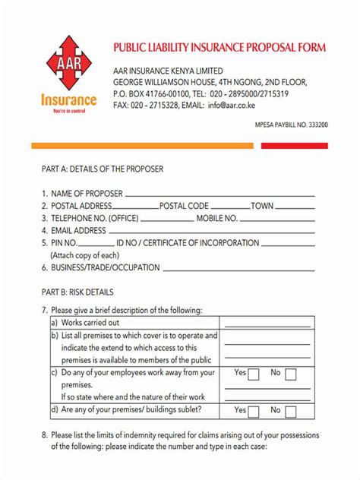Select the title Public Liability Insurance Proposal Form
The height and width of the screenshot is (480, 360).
pos(219,47)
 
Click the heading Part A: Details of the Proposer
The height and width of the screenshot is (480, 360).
pos(102,169)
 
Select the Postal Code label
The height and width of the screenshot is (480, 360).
pos(184,206)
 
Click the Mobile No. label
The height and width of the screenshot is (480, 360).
pos(217,218)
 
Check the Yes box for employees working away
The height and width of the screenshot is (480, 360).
pos(254,374)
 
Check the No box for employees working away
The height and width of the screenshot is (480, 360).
pos(290,374)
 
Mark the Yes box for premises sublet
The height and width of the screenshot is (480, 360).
pos(254,411)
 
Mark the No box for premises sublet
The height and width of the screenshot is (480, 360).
pos(290,411)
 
